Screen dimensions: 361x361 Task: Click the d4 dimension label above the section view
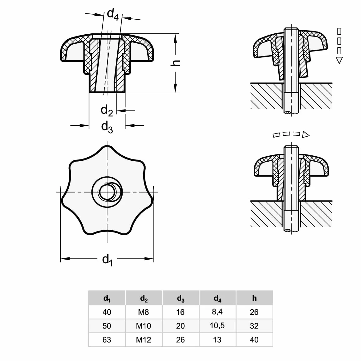click(113, 14)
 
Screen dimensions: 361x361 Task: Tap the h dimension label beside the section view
click(175, 63)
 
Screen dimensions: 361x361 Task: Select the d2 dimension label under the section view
click(107, 110)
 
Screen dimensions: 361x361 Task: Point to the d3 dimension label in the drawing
click(107, 127)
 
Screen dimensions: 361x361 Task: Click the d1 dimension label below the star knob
click(107, 261)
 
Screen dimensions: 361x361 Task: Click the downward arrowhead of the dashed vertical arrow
click(339, 60)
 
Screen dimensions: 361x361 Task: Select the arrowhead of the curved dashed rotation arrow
click(306, 134)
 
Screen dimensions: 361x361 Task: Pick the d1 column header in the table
click(107, 299)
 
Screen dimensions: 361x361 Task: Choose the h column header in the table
click(254, 298)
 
